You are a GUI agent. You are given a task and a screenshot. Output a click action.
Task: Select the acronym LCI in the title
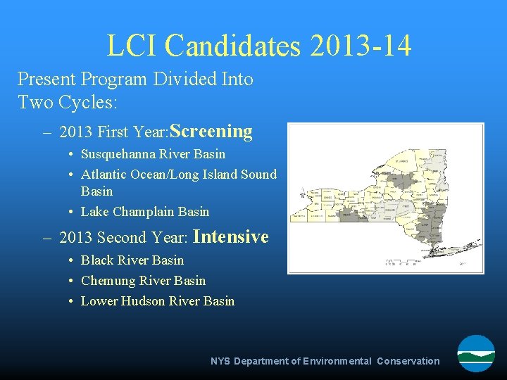pos(132,46)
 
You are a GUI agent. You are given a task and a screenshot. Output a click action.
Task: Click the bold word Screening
pos(211,132)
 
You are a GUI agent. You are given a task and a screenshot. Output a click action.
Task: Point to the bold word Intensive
pos(230,237)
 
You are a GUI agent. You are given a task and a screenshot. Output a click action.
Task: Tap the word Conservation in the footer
pos(408,361)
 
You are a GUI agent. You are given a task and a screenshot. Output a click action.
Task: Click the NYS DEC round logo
pos(476,353)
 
